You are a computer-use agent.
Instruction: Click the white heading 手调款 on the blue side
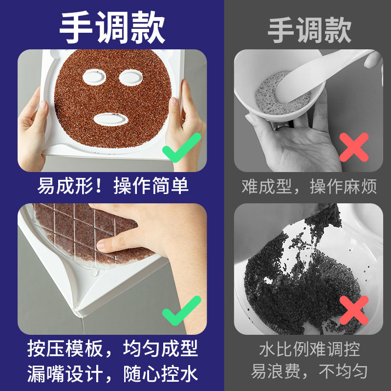pyautogui.click(x=112, y=28)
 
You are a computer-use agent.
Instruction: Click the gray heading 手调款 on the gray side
pyautogui.click(x=309, y=29)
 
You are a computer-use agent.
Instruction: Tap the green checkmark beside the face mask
pyautogui.click(x=181, y=147)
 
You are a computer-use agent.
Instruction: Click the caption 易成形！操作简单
pyautogui.click(x=113, y=186)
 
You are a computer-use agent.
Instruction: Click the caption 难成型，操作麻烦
pyautogui.click(x=309, y=186)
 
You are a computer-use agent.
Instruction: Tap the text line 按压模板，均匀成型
pyautogui.click(x=113, y=349)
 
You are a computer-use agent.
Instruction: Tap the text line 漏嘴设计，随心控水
pyautogui.click(x=113, y=374)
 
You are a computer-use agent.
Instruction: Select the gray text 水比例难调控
pyautogui.click(x=309, y=349)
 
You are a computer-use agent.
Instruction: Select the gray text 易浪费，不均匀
pyautogui.click(x=309, y=372)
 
